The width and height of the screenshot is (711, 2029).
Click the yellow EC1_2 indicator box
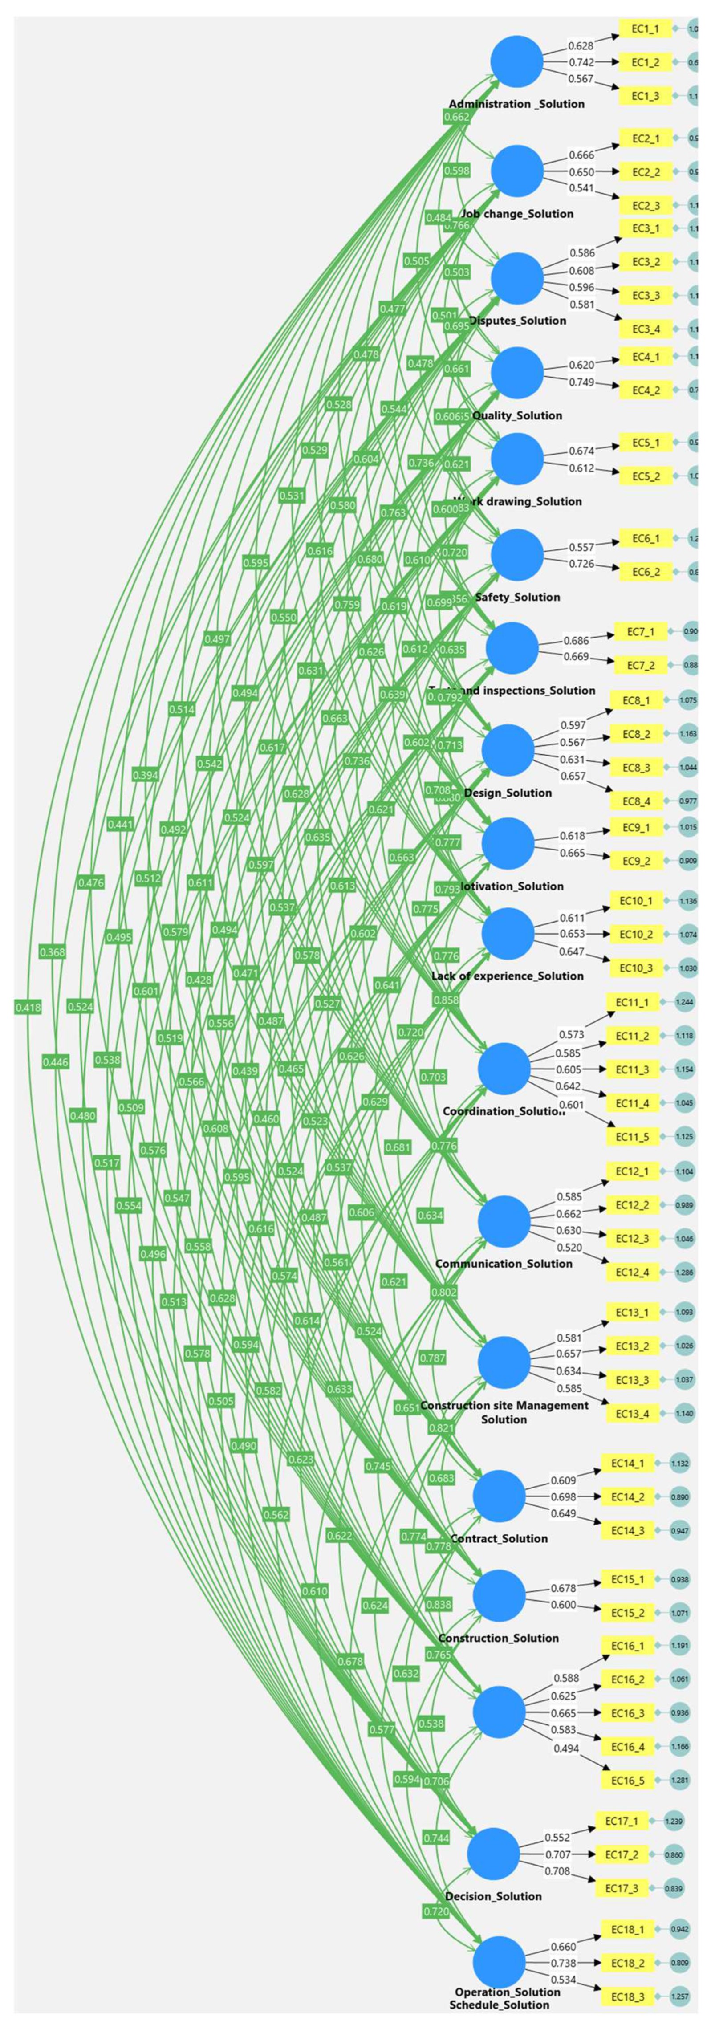[645, 62]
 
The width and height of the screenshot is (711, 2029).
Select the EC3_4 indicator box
[645, 329]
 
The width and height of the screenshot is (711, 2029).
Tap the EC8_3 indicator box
[635, 767]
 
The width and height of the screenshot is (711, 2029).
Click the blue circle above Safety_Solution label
[516, 555]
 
